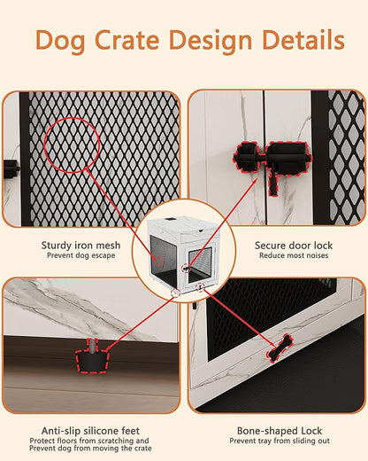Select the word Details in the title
(302, 40)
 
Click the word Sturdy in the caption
(57, 245)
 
